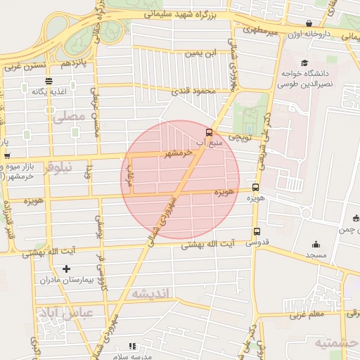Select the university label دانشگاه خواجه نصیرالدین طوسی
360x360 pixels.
coord(309,77)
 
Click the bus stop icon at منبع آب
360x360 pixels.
coord(208,131)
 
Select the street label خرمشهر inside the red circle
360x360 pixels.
coord(175,153)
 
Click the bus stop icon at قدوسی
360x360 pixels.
coord(255,231)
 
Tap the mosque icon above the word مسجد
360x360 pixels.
coord(314,245)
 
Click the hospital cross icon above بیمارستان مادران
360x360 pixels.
coord(67,269)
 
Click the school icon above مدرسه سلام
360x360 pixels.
coord(131,346)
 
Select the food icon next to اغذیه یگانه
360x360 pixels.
coord(26,89)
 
